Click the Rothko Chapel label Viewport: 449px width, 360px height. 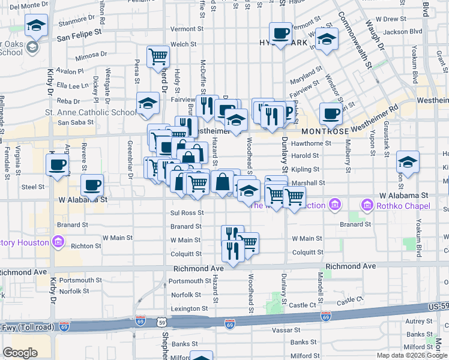pos(403,206)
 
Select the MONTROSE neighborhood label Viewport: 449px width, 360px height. pos(325,131)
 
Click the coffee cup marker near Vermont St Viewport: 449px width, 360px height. pos(280,33)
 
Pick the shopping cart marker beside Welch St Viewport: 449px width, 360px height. pos(158,57)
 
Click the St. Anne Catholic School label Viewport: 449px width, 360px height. pos(91,112)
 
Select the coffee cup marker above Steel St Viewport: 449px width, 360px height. pos(58,164)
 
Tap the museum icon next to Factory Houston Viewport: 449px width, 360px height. pos(58,242)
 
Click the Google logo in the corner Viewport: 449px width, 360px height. pos(20,353)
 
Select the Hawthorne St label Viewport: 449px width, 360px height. pos(311,143)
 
